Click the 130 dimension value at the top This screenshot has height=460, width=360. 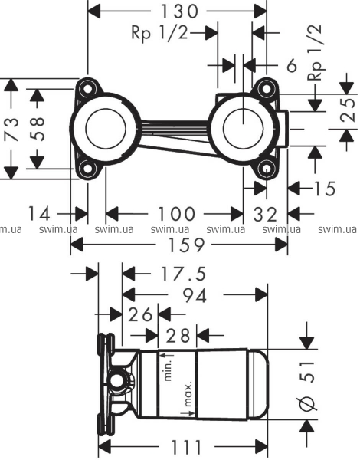pos(180,11)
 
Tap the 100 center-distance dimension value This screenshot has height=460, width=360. pos(176,214)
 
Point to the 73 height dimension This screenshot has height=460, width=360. pos(12,129)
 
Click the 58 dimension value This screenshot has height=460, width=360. pos(37,129)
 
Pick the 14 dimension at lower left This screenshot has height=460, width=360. pos(39,213)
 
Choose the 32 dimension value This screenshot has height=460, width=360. pos(265,214)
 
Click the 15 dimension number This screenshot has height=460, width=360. pos(325,189)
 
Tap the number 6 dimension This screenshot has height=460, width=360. pos(291,65)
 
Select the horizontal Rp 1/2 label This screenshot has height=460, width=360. pos(159,32)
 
